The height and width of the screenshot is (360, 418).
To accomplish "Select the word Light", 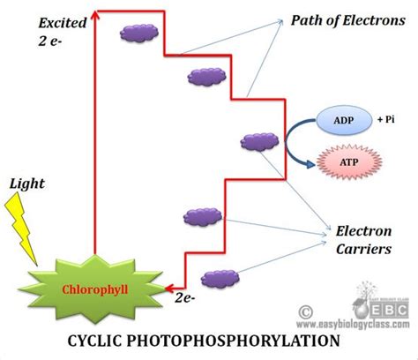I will [26, 186].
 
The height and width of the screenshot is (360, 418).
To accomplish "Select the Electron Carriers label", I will [363, 240].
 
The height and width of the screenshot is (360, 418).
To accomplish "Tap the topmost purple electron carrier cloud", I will [138, 34].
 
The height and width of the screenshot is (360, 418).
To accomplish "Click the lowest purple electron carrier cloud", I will [218, 278].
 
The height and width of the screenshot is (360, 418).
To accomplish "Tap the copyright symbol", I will [306, 310].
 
